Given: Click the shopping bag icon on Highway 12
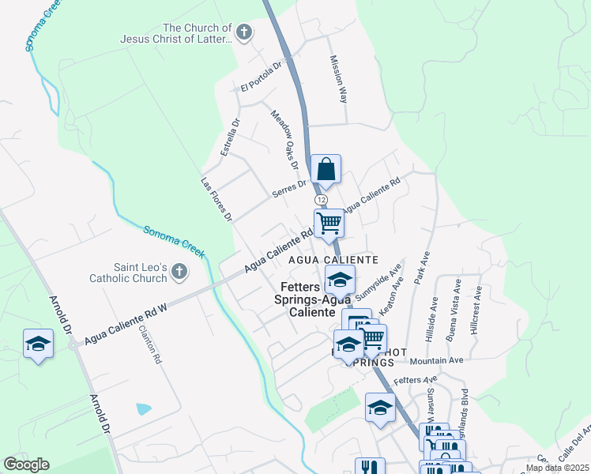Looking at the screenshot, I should [326, 169].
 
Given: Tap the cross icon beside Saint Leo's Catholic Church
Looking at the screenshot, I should [179, 273].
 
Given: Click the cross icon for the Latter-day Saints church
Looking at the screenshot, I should [244, 33].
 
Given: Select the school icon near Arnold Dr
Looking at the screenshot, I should [38, 344].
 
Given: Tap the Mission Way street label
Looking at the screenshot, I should [339, 80].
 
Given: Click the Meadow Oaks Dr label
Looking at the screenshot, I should [284, 140].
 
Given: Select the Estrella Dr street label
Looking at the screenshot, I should [230, 137].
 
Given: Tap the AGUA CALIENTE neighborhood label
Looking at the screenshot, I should [333, 259].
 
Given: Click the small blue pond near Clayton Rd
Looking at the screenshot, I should [144, 409].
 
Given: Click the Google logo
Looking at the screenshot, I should [27, 465].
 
